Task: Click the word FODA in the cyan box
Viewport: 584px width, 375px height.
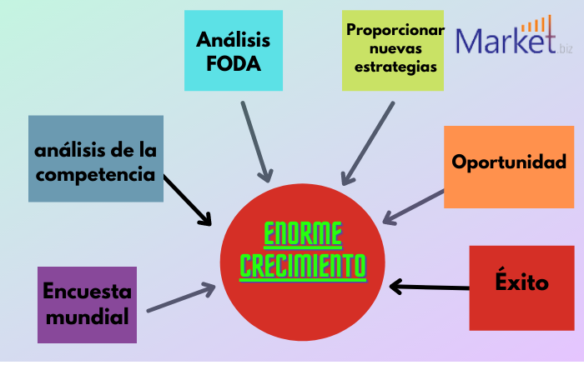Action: click(x=234, y=62)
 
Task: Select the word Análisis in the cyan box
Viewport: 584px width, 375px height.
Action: click(x=234, y=38)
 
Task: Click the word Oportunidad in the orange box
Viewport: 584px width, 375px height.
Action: click(x=509, y=162)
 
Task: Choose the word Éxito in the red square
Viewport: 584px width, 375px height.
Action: click(x=521, y=283)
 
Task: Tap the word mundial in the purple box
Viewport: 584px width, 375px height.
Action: click(x=87, y=317)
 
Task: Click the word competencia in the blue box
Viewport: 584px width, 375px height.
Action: click(x=95, y=175)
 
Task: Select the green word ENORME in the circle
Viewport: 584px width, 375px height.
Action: click(x=303, y=234)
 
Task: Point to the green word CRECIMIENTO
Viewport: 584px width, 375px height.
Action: click(x=303, y=266)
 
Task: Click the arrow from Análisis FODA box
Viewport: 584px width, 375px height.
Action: click(x=255, y=142)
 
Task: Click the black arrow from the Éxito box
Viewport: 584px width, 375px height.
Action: click(x=430, y=288)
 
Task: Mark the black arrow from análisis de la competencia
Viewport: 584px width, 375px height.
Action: click(x=188, y=200)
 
